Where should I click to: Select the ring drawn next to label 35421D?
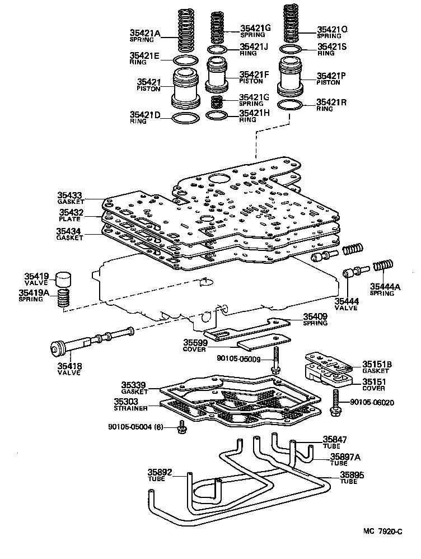pyautogui.click(x=185, y=118)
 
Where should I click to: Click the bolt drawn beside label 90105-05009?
pyautogui.click(x=277, y=361)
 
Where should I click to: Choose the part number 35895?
pyautogui.click(x=352, y=474)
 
